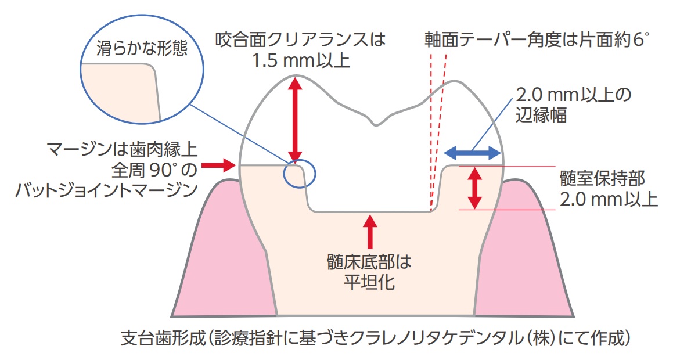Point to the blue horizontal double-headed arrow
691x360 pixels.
[472, 153]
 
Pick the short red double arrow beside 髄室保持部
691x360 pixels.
[476, 188]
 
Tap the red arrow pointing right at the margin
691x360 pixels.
[221, 166]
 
